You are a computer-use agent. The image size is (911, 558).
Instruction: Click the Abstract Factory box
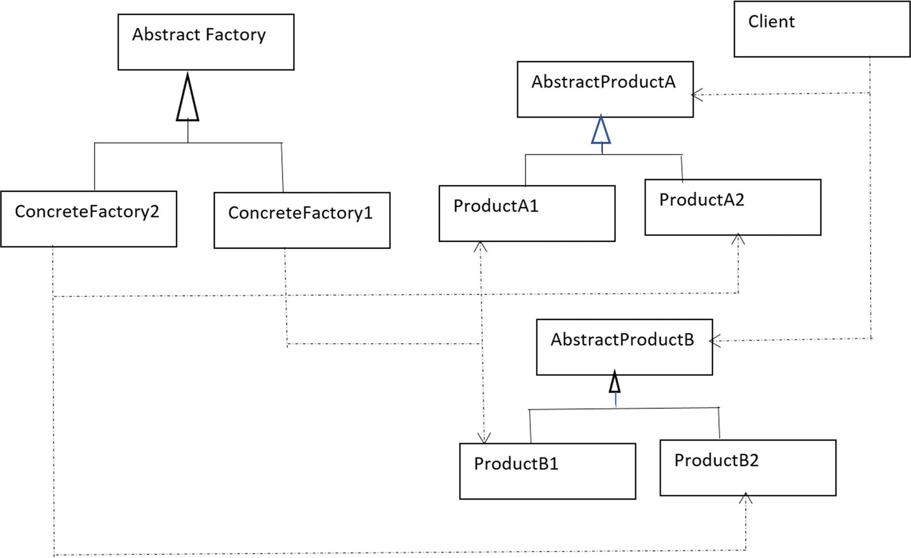206,43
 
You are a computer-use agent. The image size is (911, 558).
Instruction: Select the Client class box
822,29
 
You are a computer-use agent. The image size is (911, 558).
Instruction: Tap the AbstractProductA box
605,89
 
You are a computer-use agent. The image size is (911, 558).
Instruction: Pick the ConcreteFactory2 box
89,218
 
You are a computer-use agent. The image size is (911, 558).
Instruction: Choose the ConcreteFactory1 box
302,220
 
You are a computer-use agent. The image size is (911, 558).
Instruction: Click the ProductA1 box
527,213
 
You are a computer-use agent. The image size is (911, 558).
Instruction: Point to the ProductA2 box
733,207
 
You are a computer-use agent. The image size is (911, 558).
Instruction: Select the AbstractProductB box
624,347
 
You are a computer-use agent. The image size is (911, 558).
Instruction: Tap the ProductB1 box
547,471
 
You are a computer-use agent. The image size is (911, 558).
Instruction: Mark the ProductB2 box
748,468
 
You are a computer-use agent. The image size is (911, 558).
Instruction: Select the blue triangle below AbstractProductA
601,130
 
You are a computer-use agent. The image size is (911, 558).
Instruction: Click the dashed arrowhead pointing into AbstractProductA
697,95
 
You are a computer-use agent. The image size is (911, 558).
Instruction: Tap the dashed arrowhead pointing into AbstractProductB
715,341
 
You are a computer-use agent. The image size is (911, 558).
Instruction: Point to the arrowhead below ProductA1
480,247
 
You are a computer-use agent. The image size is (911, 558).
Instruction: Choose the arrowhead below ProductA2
738,239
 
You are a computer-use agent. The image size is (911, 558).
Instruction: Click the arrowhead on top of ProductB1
483,438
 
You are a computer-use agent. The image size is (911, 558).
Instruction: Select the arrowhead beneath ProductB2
746,498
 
